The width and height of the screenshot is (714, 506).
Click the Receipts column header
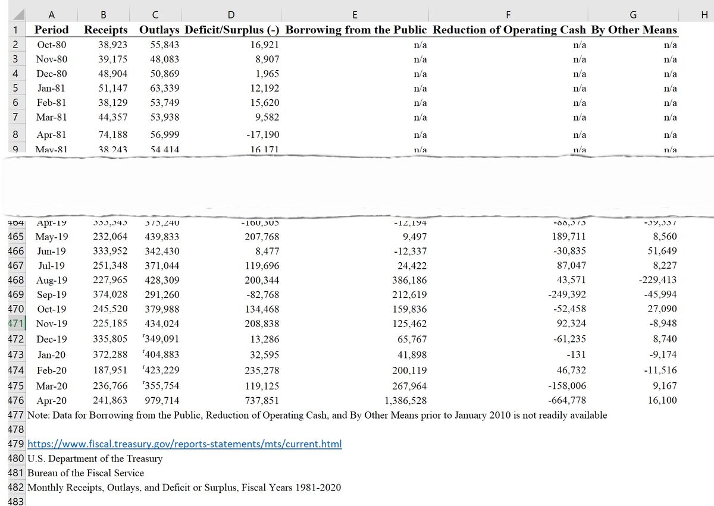point(106,30)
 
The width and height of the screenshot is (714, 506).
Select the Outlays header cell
point(159,30)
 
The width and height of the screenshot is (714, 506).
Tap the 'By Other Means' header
point(634,30)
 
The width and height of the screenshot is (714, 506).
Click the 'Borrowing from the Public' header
point(356,30)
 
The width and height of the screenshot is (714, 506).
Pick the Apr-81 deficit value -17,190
point(262,135)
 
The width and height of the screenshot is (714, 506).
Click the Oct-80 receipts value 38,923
point(113,45)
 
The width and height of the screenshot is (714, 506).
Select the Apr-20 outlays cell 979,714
point(162,401)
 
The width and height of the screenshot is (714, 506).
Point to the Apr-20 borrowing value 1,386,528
point(406,401)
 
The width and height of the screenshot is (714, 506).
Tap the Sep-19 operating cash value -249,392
point(566,295)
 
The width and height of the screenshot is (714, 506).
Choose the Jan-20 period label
point(52,355)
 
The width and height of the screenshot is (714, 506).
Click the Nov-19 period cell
point(52,324)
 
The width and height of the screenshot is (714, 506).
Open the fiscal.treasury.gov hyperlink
point(184,445)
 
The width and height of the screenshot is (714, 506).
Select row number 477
point(17,415)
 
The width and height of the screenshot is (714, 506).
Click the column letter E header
point(355,15)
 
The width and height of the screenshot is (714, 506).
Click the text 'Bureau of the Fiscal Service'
point(86,473)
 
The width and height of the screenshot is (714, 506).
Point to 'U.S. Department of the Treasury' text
point(95,459)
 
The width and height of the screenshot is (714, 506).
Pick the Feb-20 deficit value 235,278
point(262,370)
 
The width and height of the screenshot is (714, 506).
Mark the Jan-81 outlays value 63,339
point(165,89)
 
